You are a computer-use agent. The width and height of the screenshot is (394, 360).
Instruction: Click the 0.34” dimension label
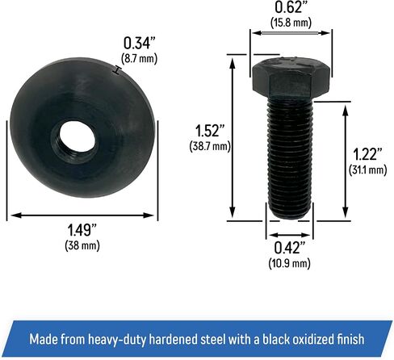(x=140, y=43)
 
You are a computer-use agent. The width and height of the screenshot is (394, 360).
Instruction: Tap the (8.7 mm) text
(x=139, y=58)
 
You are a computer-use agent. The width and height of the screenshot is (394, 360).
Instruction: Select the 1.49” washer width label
(x=82, y=230)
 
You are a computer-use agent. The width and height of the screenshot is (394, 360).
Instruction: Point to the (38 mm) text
(x=82, y=245)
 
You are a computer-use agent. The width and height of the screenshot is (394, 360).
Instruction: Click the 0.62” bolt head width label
(x=291, y=7)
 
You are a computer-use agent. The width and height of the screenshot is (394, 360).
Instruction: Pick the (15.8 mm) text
(x=291, y=23)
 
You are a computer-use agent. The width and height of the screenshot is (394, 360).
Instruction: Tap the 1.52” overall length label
(x=210, y=131)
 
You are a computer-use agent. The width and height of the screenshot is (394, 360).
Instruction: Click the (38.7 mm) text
(x=210, y=147)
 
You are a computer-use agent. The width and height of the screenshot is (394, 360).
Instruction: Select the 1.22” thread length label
(x=367, y=154)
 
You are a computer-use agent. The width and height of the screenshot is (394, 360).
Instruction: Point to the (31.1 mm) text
(x=368, y=170)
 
